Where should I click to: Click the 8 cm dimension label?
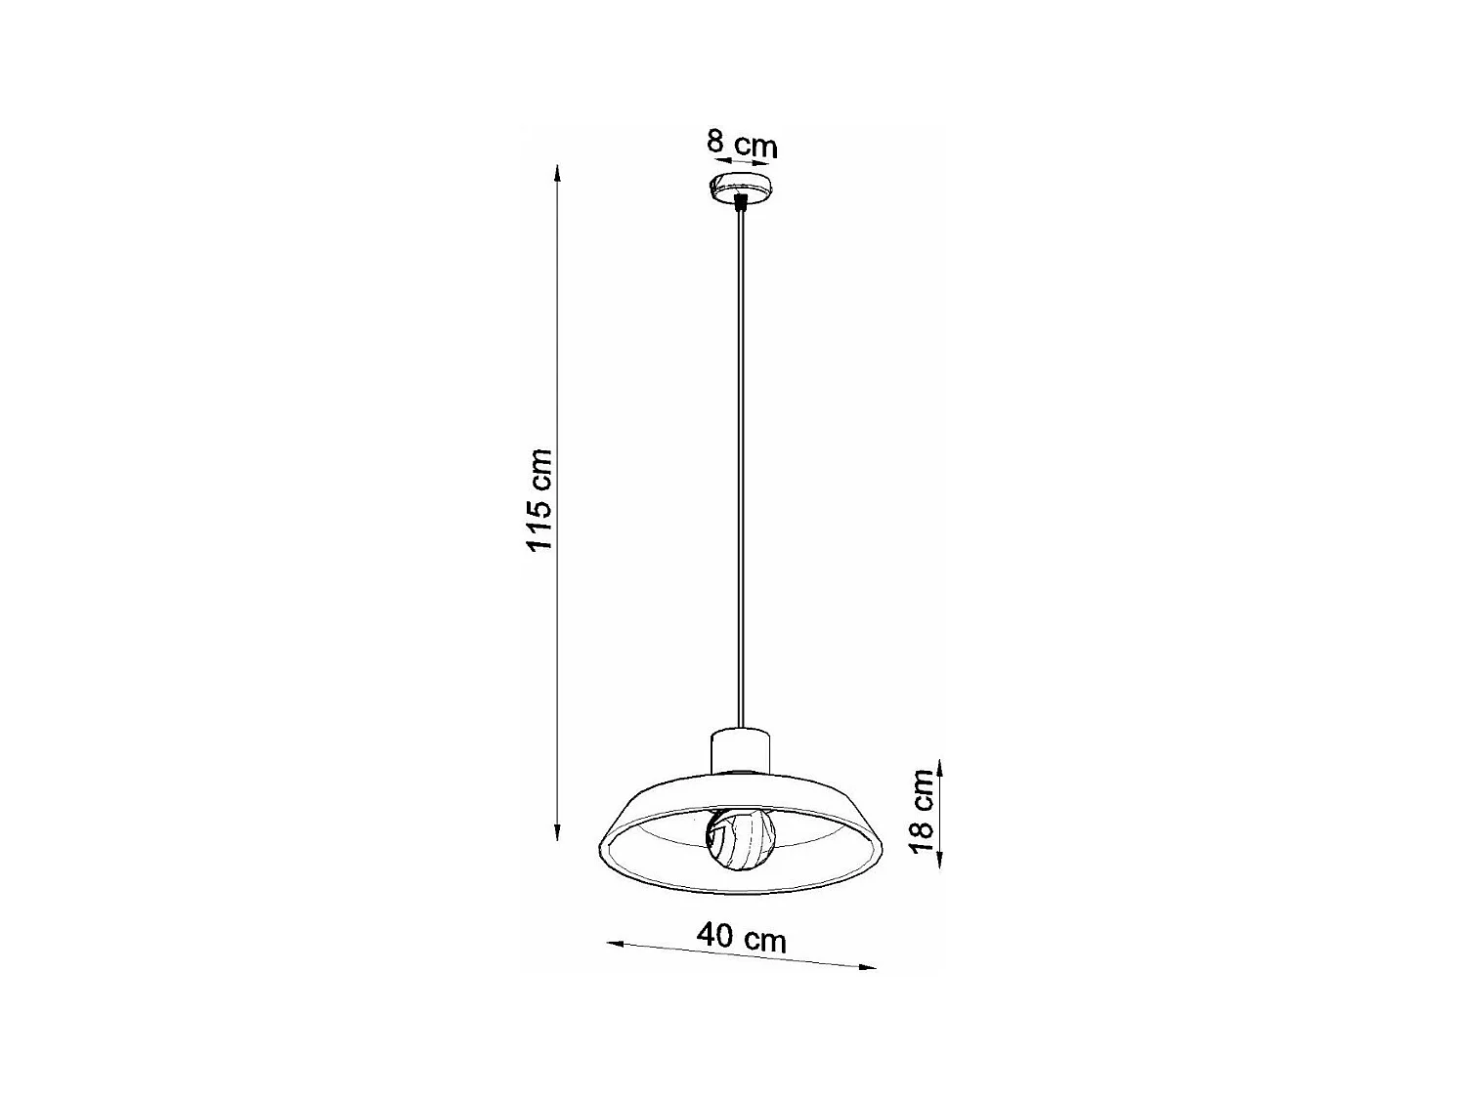pyautogui.click(x=742, y=145)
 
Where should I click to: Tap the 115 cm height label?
pyautogui.click(x=539, y=499)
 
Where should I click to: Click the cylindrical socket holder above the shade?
pyautogui.click(x=740, y=750)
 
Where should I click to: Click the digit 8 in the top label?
pyautogui.click(x=716, y=142)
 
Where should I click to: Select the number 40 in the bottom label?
pyautogui.click(x=715, y=934)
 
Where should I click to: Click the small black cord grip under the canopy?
pyautogui.click(x=741, y=203)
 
